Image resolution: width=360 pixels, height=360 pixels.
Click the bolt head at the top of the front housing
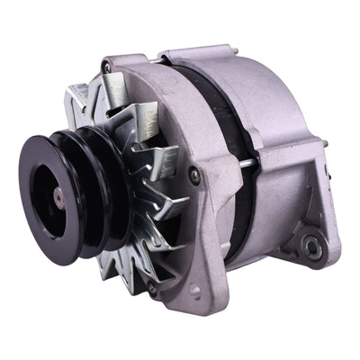tap(107, 68)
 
